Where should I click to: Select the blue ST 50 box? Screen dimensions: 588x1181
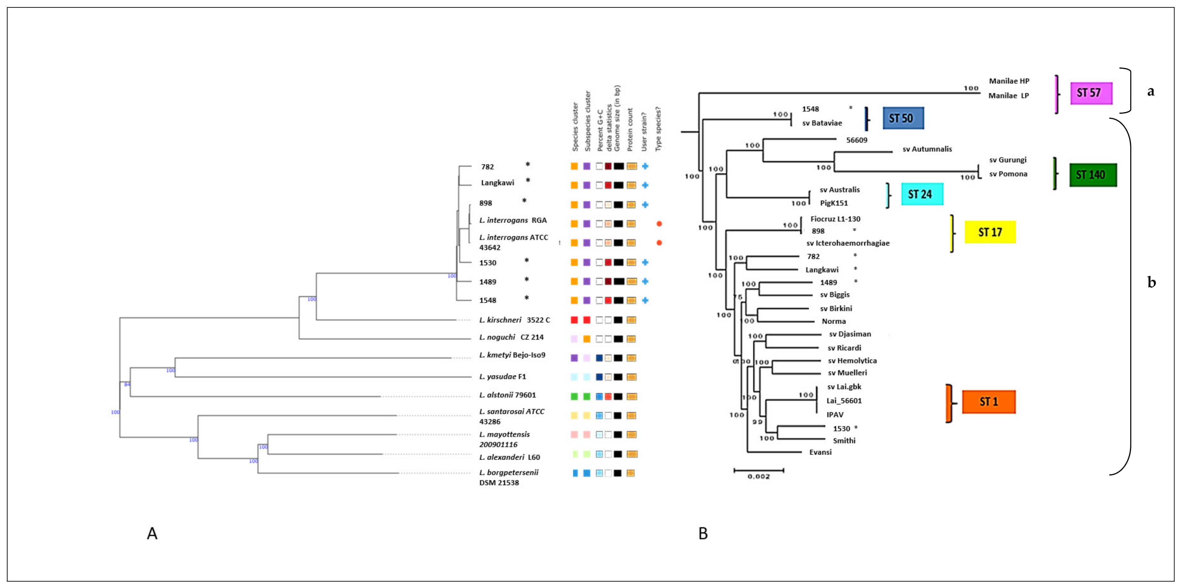click(x=903, y=118)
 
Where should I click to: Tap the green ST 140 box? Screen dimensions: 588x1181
click(x=1092, y=175)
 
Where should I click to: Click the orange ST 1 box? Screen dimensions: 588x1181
click(x=988, y=402)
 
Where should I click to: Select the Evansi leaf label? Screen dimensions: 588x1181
click(x=820, y=452)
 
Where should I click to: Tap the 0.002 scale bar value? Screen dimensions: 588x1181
click(x=758, y=477)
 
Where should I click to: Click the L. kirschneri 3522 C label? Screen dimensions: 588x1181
click(x=514, y=320)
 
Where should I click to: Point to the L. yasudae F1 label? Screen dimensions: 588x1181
click(x=503, y=377)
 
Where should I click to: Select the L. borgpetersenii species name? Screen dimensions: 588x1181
click(x=508, y=472)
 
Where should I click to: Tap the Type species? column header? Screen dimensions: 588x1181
click(x=658, y=129)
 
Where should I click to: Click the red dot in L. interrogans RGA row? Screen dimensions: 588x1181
click(x=659, y=224)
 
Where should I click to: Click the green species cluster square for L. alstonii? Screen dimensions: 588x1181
click(x=574, y=396)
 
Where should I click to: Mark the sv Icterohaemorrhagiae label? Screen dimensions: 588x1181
click(x=848, y=243)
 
